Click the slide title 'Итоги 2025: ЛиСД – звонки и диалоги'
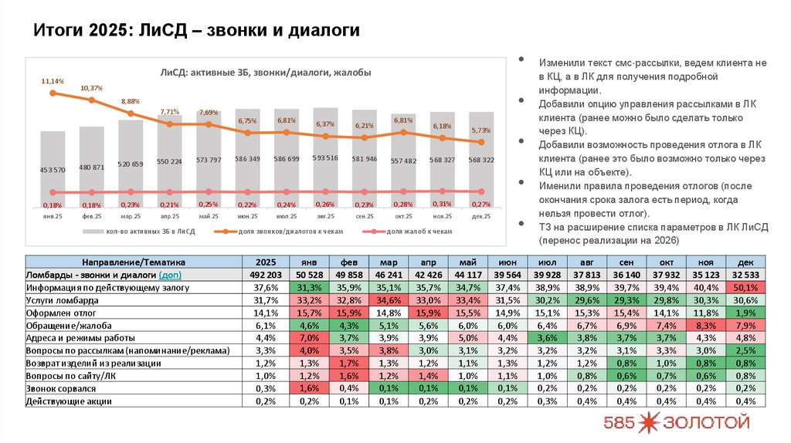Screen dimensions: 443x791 pos(196,31)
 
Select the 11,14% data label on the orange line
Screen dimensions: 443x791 pos(53,81)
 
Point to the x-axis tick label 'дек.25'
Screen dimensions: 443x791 pos(481,218)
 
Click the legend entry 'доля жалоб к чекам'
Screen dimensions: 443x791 pos(418,231)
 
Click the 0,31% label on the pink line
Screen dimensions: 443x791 pos(443,204)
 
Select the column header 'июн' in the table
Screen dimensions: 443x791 pos(508,261)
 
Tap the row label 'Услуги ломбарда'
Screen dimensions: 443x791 pos(62,299)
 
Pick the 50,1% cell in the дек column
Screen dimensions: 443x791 pos(745,287)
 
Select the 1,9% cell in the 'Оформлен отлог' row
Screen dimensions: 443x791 pos(745,313)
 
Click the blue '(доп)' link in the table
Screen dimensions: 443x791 pos(171,275)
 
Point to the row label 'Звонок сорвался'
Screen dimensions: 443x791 pos(61,388)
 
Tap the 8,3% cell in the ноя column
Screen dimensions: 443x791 pos(706,325)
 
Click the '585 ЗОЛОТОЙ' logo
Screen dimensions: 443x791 pos(677,422)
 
